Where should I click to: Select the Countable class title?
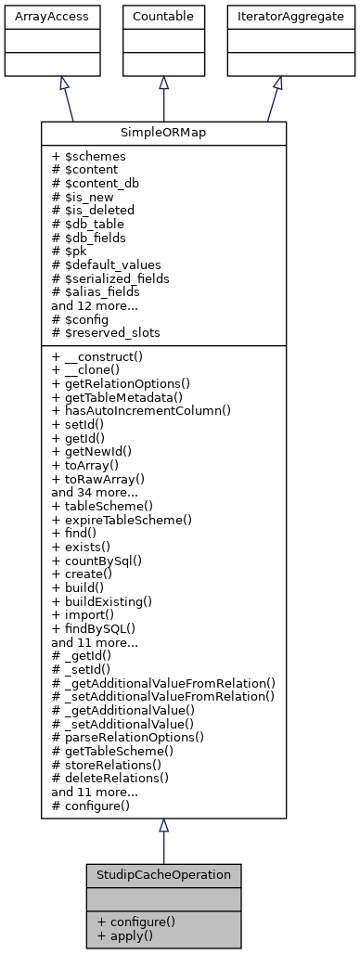coord(163,17)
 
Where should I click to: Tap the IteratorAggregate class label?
coord(277,17)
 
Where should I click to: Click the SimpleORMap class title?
coord(163,133)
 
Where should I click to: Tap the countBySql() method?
coord(99,561)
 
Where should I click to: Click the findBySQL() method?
coord(96,628)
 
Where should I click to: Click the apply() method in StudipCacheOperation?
coord(131,936)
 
